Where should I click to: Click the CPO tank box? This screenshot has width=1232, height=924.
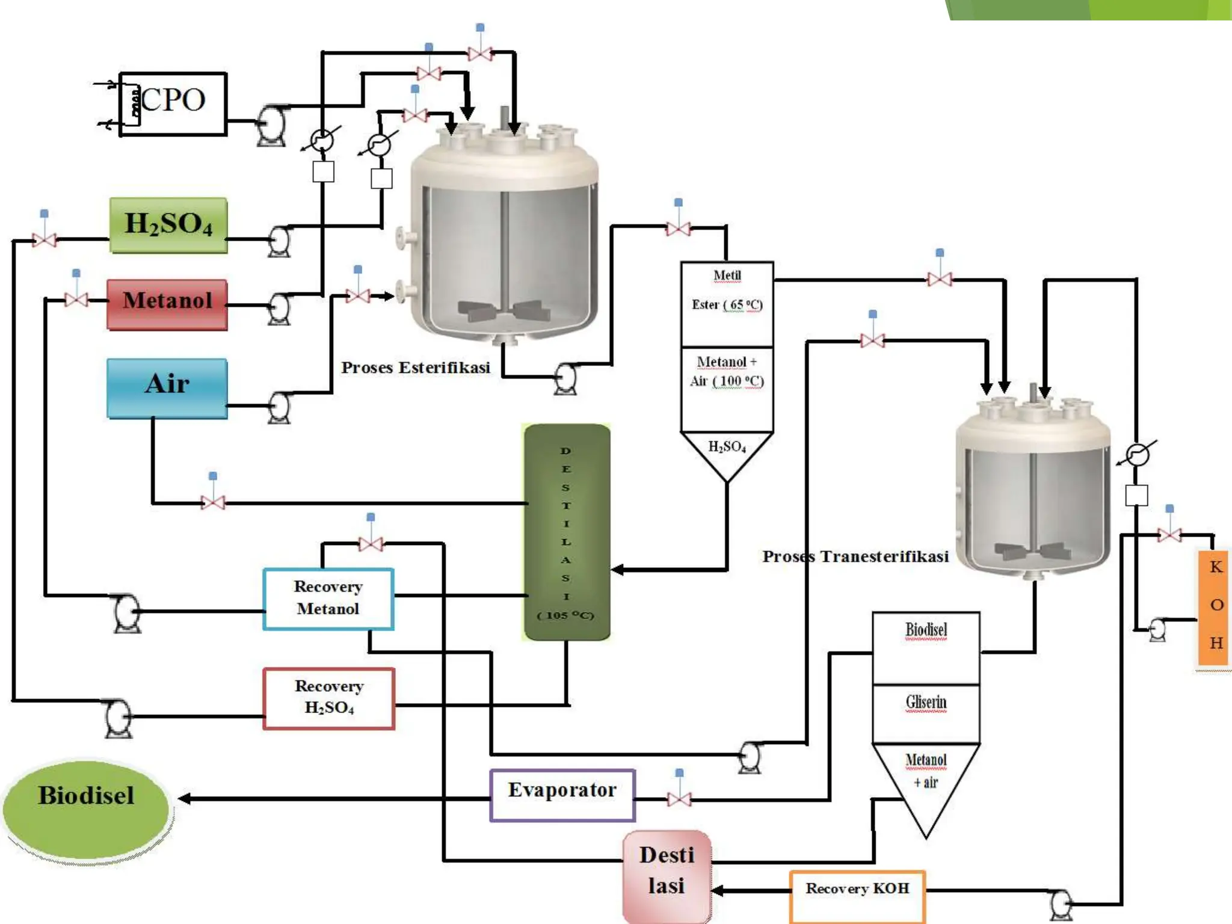(x=173, y=103)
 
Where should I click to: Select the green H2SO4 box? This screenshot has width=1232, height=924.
(x=168, y=225)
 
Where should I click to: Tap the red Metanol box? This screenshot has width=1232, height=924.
(x=167, y=304)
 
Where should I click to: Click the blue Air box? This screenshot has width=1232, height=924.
(x=167, y=387)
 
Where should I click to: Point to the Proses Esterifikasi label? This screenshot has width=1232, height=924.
(x=415, y=368)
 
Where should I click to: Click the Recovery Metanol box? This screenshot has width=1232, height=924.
(x=328, y=599)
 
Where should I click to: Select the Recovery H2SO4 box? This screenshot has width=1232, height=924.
(x=329, y=698)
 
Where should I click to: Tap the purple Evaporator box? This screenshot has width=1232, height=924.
(x=562, y=795)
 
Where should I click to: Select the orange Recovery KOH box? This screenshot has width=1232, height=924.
(x=857, y=895)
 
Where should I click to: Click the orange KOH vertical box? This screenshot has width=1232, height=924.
(x=1215, y=607)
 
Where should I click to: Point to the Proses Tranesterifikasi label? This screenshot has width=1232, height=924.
(x=855, y=556)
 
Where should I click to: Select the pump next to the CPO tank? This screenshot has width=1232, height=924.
(x=271, y=125)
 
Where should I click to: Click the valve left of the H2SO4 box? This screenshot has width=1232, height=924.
(x=44, y=239)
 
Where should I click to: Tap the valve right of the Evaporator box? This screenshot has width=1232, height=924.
(x=679, y=798)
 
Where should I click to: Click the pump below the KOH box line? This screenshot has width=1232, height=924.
(x=1156, y=630)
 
